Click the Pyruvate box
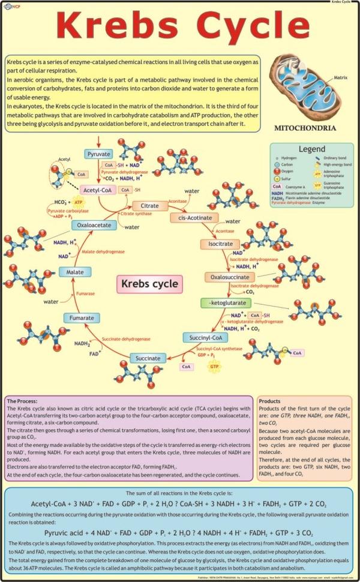click(x=98, y=154)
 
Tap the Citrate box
click(x=149, y=206)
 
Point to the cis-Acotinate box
click(x=193, y=218)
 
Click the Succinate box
click(x=148, y=358)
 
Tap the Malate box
click(x=75, y=272)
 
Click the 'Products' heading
click(x=271, y=401)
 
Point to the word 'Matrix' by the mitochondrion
click(x=341, y=78)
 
